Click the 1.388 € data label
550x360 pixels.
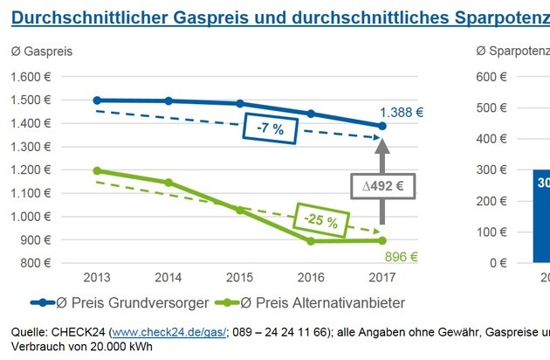pos(401,113)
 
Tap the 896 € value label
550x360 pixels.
pos(402,257)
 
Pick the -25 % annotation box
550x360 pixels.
pos(322,221)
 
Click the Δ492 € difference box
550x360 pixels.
pos(382,186)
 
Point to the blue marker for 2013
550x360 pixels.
pos(97,100)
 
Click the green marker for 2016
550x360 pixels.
pos(311,240)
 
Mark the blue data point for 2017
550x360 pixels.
pos(382,127)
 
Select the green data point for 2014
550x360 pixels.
pos(168,183)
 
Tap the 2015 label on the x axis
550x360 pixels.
pos(239,277)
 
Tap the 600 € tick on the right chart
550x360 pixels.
pos(493,77)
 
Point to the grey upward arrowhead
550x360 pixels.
pos(382,147)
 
